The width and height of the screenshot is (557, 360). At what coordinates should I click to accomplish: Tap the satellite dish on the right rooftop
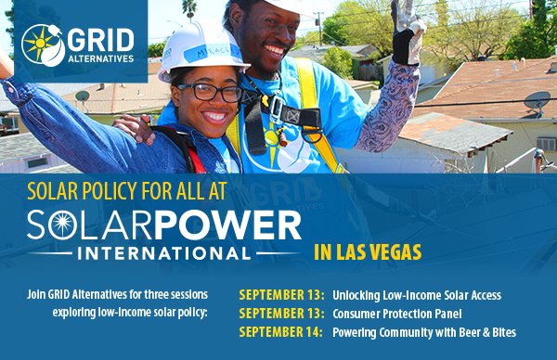click(x=536, y=101)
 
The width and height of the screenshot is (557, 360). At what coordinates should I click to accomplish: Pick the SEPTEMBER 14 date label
click(x=281, y=332)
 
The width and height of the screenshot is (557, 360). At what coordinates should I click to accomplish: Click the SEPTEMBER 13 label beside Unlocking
click(x=281, y=295)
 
